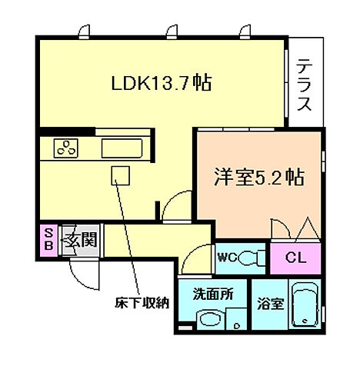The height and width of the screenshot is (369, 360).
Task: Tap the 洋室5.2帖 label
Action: tap(257, 178)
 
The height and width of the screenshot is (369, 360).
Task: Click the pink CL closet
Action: tap(295, 258)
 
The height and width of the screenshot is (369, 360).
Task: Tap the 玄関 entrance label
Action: tap(79, 240)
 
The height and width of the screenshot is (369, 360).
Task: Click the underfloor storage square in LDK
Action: tap(119, 175)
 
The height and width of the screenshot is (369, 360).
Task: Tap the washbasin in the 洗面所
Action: tap(208, 321)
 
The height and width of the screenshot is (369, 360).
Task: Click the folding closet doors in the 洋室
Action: tap(295, 229)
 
